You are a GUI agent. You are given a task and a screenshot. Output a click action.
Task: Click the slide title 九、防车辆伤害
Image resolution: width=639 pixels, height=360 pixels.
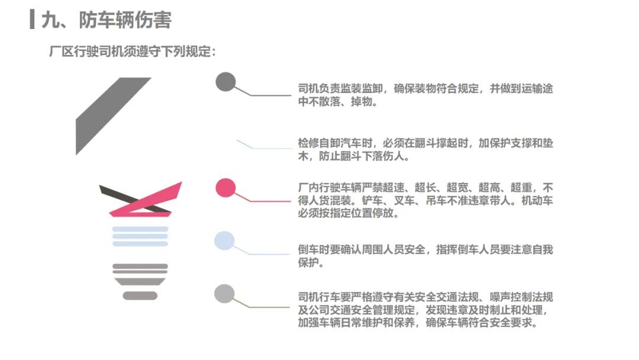pyautogui.click(x=106, y=20)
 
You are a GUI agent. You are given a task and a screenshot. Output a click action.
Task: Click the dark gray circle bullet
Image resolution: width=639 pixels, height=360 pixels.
pyautogui.click(x=225, y=82)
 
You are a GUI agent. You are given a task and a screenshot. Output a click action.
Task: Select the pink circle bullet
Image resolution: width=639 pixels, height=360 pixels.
pyautogui.click(x=225, y=188)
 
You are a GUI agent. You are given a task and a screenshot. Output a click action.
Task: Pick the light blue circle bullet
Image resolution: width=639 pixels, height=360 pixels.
pyautogui.click(x=224, y=241)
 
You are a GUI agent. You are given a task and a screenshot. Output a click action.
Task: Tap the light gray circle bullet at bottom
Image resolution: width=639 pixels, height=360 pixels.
pyautogui.click(x=224, y=294)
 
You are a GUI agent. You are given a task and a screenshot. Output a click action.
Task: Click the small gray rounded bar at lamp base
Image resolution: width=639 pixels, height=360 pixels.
pyautogui.click(x=140, y=295)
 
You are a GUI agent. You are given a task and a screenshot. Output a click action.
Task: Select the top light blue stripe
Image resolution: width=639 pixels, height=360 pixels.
pyautogui.click(x=140, y=229)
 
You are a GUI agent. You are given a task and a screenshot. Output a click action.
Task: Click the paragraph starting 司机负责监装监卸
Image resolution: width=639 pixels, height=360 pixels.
pyautogui.click(x=425, y=95)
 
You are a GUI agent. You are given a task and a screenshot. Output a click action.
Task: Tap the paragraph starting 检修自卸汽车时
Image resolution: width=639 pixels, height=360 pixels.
pyautogui.click(x=425, y=150)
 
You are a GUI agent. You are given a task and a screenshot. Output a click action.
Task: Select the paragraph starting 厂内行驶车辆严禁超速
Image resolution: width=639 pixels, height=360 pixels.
pyautogui.click(x=425, y=200)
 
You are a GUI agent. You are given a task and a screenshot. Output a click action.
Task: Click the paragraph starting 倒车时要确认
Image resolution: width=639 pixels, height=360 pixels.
pyautogui.click(x=425, y=256)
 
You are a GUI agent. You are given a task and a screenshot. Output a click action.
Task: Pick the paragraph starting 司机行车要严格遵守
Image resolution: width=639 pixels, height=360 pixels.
pyautogui.click(x=425, y=310)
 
